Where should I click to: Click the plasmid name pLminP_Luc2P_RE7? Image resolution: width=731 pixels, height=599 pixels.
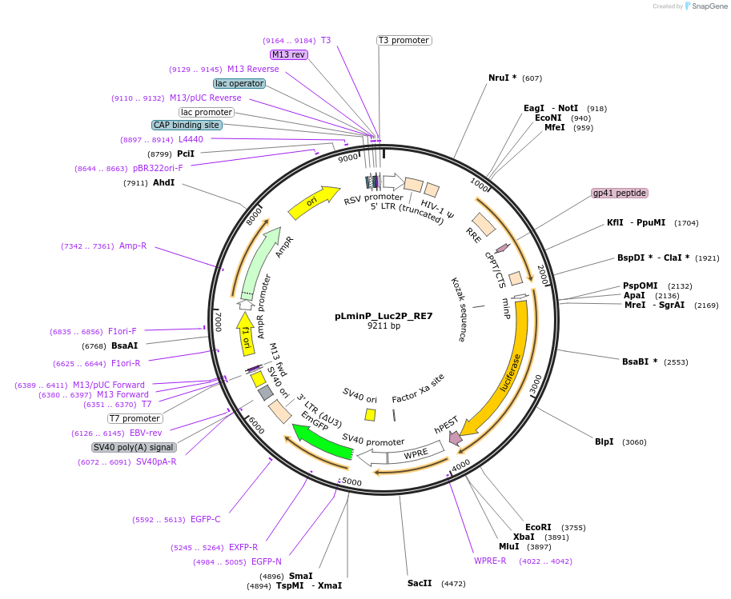[384, 316]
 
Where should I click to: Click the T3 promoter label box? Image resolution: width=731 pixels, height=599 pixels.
[404, 40]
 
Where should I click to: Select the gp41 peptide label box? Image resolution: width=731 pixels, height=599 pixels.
[619, 193]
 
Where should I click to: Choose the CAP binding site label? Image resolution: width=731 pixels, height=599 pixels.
[187, 125]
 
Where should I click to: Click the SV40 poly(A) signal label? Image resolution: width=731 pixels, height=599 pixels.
[133, 447]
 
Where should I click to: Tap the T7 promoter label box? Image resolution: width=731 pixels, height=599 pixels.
[135, 418]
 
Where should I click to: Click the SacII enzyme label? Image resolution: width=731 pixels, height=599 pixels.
[420, 583]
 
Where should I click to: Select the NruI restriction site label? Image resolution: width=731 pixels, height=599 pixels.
[502, 78]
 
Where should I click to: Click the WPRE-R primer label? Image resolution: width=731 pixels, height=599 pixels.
[490, 561]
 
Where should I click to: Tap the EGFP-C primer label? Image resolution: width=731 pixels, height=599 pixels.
[205, 519]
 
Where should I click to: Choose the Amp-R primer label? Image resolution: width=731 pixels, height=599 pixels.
[133, 246]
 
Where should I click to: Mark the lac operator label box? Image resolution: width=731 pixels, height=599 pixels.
[239, 83]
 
